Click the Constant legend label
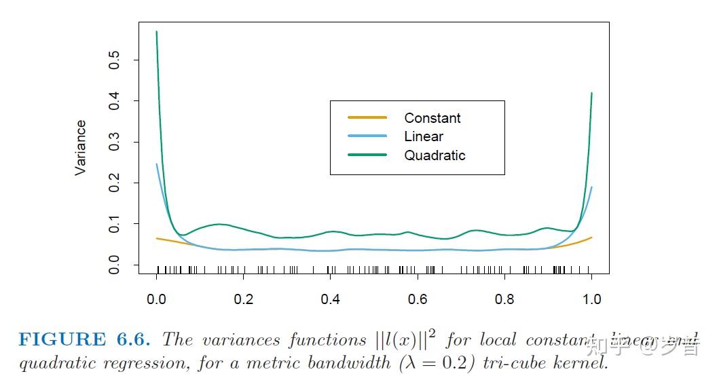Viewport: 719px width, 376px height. coord(432,118)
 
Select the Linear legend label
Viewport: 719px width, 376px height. coord(424,136)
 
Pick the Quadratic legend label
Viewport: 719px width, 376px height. coord(435,155)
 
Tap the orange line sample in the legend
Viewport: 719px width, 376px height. coord(367,117)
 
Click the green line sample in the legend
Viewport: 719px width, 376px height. coord(367,155)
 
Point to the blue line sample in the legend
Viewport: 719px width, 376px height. coord(367,136)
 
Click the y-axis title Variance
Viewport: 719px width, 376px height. coord(81,148)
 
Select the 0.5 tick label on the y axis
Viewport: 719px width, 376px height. coord(115,60)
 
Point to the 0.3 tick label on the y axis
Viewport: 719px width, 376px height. coord(115,142)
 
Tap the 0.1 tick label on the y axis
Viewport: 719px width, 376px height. coord(115,224)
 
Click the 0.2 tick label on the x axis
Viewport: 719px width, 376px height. coord(243,299)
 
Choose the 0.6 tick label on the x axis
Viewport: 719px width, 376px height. coord(417,299)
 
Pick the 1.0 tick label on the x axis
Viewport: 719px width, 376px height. coord(591,299)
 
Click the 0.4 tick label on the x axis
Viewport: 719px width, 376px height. coord(330,299)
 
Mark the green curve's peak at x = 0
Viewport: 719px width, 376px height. coord(157,32)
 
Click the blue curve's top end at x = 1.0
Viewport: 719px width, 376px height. coord(591,187)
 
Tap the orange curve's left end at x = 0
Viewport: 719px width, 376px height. coord(157,238)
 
